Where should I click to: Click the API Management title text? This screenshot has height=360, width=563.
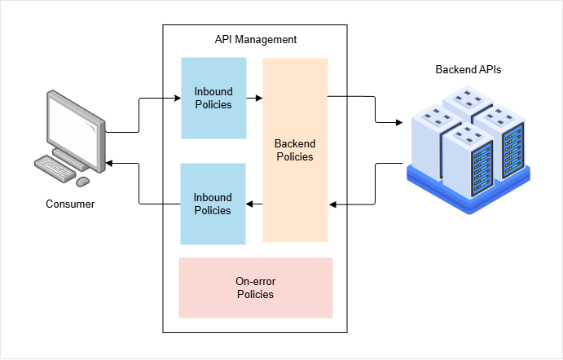coord(255,39)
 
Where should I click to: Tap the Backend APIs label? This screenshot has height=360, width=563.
coord(468,70)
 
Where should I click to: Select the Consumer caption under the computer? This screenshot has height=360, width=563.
coord(70,204)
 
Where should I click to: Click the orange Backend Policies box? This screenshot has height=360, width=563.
coord(295,150)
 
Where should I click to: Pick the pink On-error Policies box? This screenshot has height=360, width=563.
coord(255,288)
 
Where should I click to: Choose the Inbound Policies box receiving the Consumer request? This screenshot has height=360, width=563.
coord(213,98)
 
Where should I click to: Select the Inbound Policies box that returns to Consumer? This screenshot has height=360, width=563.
coord(212,204)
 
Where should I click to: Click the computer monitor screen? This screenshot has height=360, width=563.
coord(74,123)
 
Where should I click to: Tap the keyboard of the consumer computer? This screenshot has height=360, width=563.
coord(55,169)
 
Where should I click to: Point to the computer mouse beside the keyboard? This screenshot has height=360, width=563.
coord(82,180)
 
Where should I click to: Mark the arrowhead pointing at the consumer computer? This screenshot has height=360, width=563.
coord(110,164)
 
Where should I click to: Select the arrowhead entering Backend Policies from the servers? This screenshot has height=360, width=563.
coord(332,204)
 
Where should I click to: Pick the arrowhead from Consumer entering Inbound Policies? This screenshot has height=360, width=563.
coord(177,99)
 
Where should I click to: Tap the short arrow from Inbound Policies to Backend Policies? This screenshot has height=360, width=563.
coord(254,99)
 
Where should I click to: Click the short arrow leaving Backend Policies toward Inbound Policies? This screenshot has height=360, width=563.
coord(254,204)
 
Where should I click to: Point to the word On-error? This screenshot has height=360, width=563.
coord(255,281)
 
